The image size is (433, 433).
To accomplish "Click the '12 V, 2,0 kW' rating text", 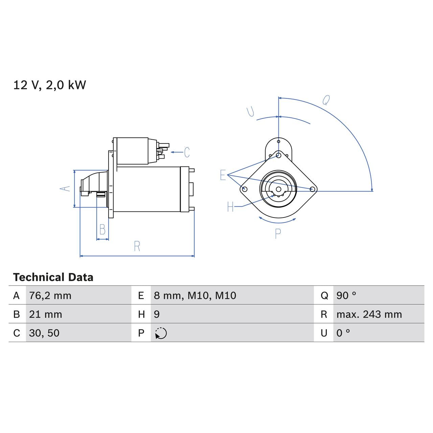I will click(50, 85).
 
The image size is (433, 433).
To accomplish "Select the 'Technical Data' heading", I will click(53, 277).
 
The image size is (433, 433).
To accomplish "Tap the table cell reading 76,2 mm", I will click(50, 296).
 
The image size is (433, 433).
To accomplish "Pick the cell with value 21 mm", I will click(45, 315).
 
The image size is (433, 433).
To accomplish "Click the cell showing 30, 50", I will click(44, 333).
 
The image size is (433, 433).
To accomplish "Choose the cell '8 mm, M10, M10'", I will click(195, 296).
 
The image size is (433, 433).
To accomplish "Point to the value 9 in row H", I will click(157, 315).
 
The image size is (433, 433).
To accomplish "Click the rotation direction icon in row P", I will click(161, 333).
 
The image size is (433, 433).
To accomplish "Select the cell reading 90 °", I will click(346, 296).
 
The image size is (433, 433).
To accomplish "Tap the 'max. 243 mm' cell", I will click(369, 315).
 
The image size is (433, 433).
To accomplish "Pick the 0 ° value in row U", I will click(343, 333).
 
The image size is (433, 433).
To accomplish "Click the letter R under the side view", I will click(137, 246).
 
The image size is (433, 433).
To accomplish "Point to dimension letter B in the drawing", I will click(102, 230).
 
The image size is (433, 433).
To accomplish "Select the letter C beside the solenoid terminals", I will click(187, 153).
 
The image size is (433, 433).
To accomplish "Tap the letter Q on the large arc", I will click(326, 100).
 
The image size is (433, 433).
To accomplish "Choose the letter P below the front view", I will click(278, 234).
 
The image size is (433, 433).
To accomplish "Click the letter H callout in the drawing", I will click(230, 207).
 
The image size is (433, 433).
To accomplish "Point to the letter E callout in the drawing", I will click(223, 175).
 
